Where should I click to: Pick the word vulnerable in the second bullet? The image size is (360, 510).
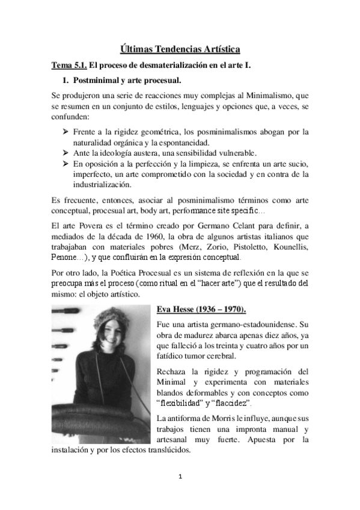point(230,153)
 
